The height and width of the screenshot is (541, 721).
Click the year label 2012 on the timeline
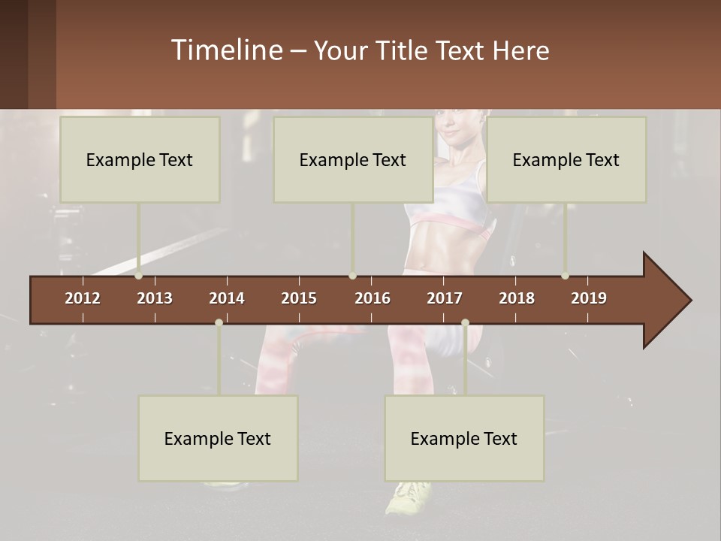[83, 298]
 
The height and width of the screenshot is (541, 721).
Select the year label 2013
[155, 298]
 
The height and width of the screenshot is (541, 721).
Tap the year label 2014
[227, 298]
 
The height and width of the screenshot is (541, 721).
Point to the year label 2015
[299, 298]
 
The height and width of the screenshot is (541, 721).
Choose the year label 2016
[373, 298]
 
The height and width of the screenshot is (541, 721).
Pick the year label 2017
[445, 298]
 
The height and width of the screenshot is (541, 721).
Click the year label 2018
[517, 298]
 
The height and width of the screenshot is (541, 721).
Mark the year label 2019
[589, 298]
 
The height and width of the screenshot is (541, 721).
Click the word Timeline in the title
[226, 50]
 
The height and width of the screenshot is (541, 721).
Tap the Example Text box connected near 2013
[140, 159]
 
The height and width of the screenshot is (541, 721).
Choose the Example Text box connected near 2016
[353, 159]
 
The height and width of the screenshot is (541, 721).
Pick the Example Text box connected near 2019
[566, 159]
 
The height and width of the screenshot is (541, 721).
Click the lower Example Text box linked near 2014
[218, 438]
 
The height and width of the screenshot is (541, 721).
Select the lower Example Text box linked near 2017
[464, 438]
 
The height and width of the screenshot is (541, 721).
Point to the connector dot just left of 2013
[138, 276]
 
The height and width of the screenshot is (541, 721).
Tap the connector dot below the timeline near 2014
[219, 322]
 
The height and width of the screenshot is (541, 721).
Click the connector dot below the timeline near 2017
[465, 322]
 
